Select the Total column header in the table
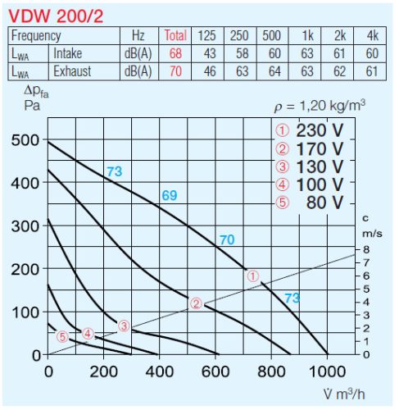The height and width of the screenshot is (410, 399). tap(175, 36)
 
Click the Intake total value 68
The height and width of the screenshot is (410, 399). tap(175, 53)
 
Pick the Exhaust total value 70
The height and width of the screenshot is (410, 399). tap(175, 71)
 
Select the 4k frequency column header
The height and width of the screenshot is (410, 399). tap(371, 36)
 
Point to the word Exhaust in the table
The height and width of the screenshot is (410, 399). tap(73, 71)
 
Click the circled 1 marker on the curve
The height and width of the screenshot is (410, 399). tap(253, 277)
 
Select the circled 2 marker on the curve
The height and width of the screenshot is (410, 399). tap(196, 303)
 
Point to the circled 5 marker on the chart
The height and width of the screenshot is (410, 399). tap(62, 335)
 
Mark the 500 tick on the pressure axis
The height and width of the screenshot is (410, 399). tap(25, 140)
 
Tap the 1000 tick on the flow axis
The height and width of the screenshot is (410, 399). tap(327, 370)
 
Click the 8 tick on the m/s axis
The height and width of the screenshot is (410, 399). tap(368, 248)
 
